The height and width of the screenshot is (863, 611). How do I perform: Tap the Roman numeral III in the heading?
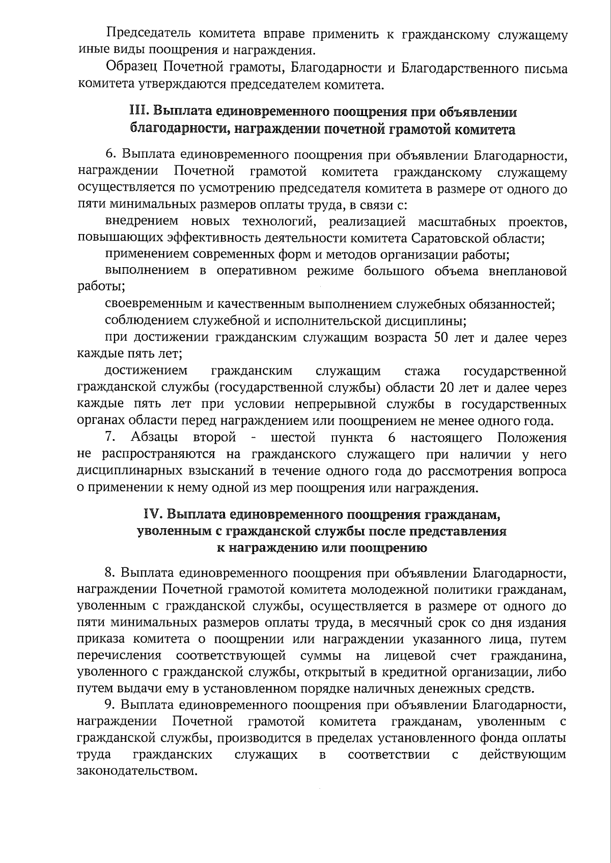137,111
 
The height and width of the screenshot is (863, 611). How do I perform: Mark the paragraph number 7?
109,437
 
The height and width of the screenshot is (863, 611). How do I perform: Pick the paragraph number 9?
109,705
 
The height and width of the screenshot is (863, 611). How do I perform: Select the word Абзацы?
154,438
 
